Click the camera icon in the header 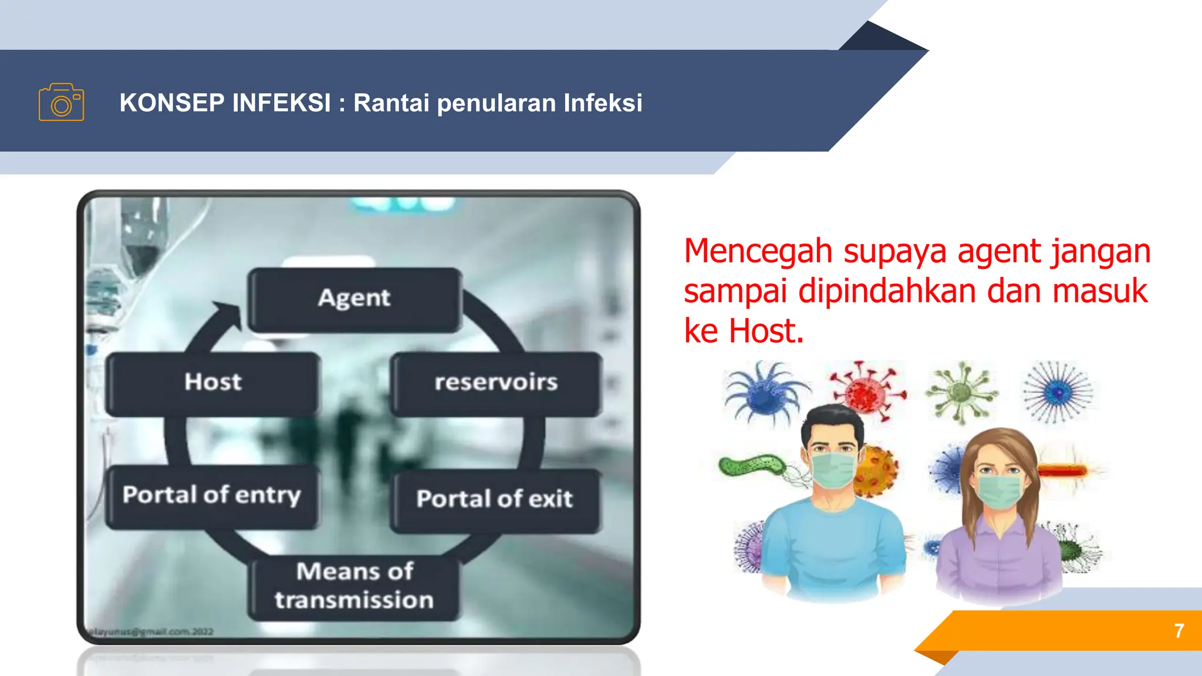62,102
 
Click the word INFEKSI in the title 281,103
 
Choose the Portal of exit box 495,499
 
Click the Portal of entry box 212,496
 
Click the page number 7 1179,631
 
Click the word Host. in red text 766,331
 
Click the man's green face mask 832,469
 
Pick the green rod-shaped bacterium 751,466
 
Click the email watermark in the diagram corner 150,632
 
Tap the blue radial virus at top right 1058,391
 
